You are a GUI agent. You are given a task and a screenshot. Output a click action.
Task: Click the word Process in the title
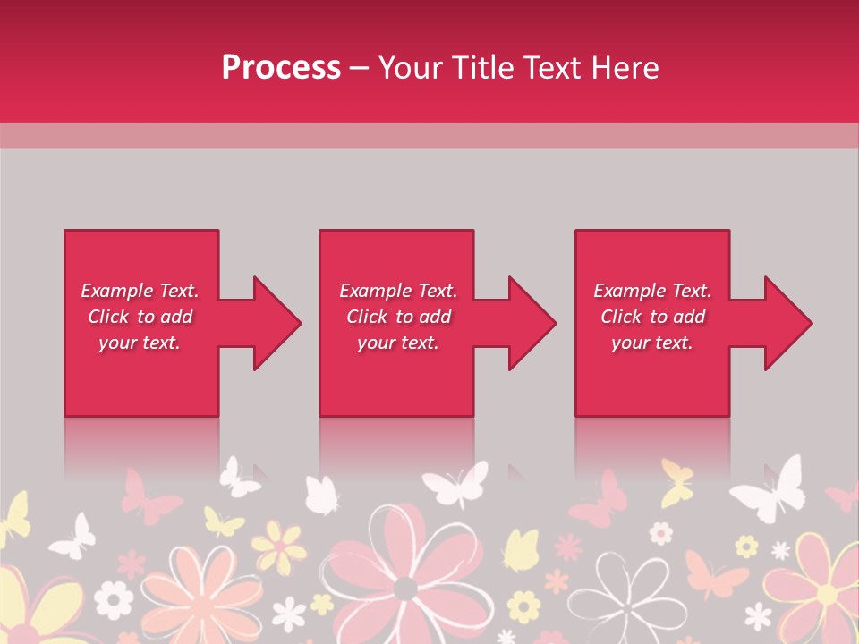[x=281, y=68]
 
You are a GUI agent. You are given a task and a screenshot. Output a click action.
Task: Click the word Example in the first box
[x=117, y=291]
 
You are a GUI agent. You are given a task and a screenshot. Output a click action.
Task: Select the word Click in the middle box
[x=367, y=317]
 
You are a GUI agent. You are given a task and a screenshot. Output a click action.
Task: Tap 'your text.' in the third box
[x=651, y=343]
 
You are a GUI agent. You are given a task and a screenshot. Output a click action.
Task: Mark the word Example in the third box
[x=630, y=291]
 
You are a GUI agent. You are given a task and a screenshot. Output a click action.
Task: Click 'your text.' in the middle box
[x=397, y=343]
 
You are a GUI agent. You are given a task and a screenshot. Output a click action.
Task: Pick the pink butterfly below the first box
[x=149, y=497]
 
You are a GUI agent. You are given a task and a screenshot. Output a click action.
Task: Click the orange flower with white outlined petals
[x=215, y=590]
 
